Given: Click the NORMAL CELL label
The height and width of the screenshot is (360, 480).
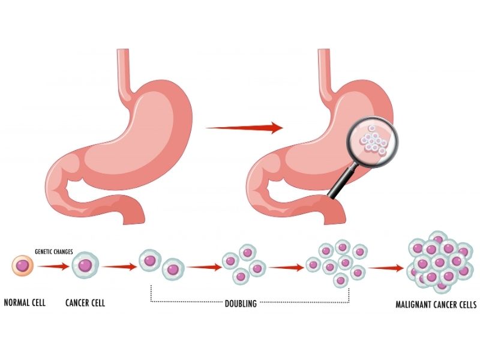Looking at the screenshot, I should coord(25,303).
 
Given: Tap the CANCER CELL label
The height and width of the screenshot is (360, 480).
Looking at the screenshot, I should coord(85,303).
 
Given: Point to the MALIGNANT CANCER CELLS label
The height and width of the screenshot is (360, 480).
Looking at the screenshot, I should coord(436,304).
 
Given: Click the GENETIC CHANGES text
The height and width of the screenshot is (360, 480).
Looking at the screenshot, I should coord(53,253).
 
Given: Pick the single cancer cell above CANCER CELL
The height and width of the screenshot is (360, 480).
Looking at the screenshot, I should coord(85,264).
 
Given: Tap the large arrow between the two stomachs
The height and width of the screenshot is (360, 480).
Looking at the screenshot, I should coord(244,127).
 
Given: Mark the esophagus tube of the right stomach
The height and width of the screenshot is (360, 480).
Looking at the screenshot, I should coord(325,67).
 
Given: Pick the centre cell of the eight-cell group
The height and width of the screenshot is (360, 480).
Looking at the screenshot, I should coord(344,263).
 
